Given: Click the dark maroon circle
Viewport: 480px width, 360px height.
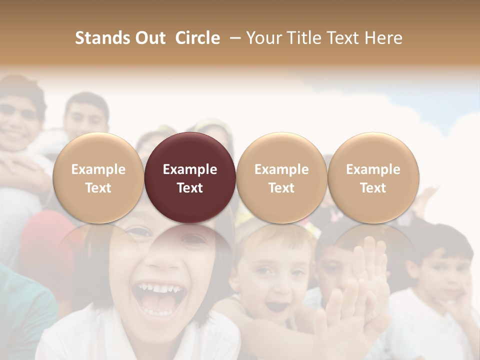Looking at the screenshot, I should click(190, 177).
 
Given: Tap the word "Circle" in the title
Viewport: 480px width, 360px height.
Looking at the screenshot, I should click(197, 38).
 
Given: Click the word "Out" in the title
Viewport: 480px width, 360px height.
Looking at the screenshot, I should click(149, 38).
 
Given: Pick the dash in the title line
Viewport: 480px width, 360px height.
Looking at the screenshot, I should click(233, 38).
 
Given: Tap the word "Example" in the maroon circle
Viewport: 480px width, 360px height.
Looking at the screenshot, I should click(190, 169).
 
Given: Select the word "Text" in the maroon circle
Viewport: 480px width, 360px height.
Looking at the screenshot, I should click(190, 188).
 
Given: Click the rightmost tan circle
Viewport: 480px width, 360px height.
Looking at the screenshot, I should click(373, 177).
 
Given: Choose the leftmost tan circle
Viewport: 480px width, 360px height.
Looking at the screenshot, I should click(98, 177).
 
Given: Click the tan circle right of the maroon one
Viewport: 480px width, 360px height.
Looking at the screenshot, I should click(281, 177).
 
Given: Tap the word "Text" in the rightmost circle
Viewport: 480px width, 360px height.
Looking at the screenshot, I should click(373, 188).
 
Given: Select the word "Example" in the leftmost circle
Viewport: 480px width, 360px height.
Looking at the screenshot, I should click(98, 169).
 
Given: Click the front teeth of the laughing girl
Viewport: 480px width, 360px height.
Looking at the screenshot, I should click(155, 288).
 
